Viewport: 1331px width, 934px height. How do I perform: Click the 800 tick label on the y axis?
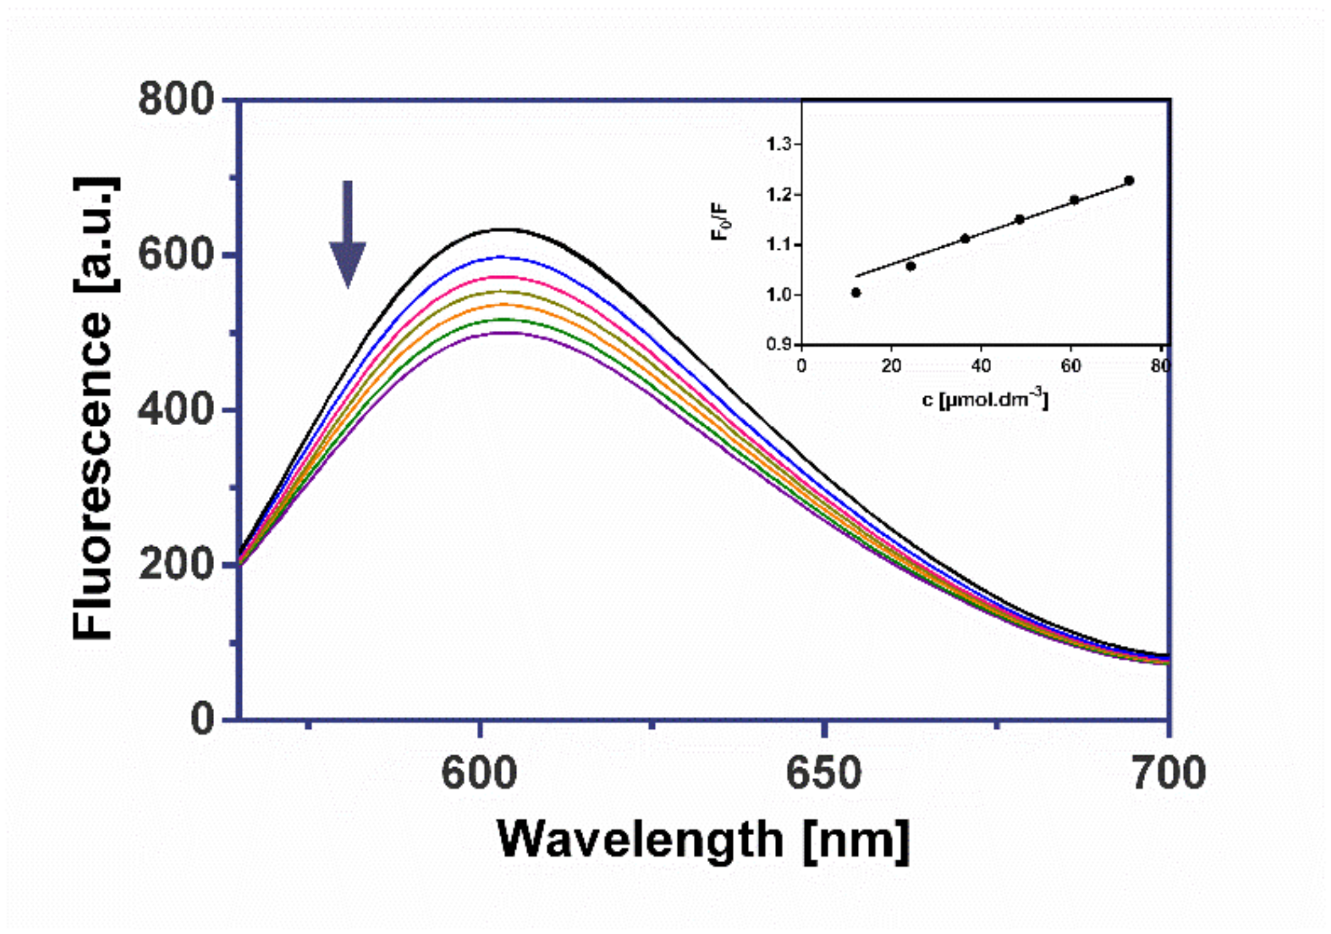(176, 100)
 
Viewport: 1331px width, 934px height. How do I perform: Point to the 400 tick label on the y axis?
(176, 409)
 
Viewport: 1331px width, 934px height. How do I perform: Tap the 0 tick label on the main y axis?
(202, 718)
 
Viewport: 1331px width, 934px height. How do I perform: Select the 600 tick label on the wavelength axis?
(479, 773)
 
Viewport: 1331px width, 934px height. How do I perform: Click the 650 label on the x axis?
(824, 773)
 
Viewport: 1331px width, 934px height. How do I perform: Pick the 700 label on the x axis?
(1168, 773)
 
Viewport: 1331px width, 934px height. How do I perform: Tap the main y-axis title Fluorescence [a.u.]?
(94, 409)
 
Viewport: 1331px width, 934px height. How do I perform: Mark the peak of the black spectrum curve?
(503, 229)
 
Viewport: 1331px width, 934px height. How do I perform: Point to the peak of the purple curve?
(505, 333)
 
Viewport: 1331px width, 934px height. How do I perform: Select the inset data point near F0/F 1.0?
(856, 293)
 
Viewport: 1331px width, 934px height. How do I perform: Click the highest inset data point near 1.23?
(1129, 180)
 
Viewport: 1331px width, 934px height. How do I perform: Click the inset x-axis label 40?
(981, 366)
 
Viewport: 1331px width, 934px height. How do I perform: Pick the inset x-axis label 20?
(891, 366)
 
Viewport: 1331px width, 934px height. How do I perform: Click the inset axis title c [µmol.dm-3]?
(984, 399)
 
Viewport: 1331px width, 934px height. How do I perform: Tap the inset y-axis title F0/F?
(721, 221)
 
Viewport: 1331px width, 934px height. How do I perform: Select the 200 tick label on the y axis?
(176, 564)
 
